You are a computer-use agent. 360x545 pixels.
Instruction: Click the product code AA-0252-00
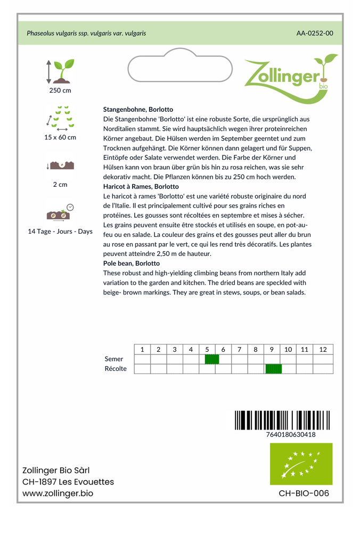click(x=315, y=33)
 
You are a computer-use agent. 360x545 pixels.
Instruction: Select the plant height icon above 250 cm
click(x=60, y=71)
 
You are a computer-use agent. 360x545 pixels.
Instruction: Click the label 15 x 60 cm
click(x=60, y=137)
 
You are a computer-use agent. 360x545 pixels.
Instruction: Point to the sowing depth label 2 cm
click(x=60, y=185)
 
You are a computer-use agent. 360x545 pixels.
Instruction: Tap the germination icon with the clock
click(x=60, y=212)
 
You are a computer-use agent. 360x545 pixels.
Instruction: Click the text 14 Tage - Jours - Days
click(x=60, y=232)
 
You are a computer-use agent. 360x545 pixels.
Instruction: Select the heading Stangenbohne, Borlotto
click(x=138, y=109)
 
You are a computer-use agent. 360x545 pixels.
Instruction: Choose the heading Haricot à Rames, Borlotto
click(x=141, y=187)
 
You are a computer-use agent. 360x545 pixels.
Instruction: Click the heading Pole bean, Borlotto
click(x=132, y=263)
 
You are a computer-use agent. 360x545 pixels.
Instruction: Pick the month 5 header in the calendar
click(x=207, y=350)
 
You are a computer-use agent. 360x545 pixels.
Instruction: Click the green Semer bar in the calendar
click(x=211, y=359)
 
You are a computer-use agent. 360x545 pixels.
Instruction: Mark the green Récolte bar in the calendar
click(x=273, y=369)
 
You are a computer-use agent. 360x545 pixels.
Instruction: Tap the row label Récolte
click(x=116, y=369)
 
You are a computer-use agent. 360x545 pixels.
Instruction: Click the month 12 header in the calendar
click(x=323, y=350)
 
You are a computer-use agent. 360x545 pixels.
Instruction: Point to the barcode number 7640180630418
click(x=291, y=434)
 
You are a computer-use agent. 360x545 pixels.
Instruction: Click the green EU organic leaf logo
click(x=301, y=464)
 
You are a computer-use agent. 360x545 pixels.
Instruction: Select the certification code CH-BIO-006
click(x=304, y=493)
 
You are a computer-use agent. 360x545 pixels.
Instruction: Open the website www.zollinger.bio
click(x=58, y=493)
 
